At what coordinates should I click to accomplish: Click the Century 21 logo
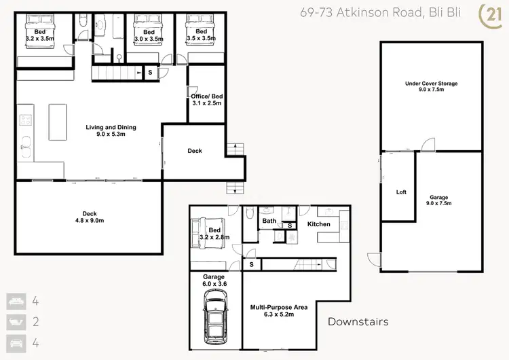489,15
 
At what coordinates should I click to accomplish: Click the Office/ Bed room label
206,100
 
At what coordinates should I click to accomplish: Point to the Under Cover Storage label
431,87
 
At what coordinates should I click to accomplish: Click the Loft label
401,192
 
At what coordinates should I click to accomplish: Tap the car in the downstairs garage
214,317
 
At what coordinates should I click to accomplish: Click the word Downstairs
358,321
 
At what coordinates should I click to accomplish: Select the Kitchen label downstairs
318,223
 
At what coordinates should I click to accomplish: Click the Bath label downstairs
269,221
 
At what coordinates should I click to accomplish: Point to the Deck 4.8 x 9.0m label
90,216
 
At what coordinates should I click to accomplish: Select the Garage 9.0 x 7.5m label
438,201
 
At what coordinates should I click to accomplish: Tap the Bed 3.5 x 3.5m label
201,35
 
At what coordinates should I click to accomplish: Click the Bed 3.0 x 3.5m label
149,35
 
